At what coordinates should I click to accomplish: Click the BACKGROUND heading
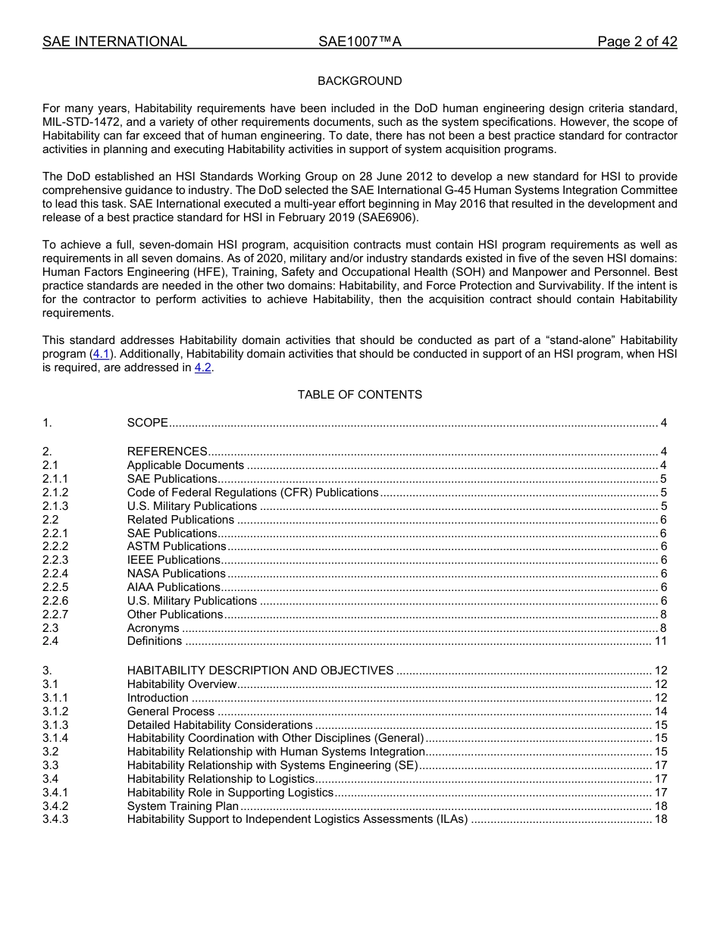click(x=359, y=81)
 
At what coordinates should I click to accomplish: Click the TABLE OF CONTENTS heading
click(x=359, y=395)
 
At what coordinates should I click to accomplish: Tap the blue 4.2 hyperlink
click(x=202, y=367)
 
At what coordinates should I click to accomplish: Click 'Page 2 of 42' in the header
click(x=637, y=42)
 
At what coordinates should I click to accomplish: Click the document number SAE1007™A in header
click(x=359, y=42)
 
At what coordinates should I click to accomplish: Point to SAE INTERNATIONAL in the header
click(x=114, y=42)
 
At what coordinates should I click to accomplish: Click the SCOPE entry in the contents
click(x=147, y=423)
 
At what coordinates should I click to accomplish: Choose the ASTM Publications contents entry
click(x=177, y=546)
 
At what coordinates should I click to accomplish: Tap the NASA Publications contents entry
click(x=176, y=574)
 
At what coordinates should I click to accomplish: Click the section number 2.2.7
click(x=55, y=615)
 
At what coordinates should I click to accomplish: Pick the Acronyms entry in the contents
click(x=153, y=628)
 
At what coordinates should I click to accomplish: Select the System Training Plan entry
click(x=183, y=806)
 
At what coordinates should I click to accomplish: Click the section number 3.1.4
click(x=55, y=738)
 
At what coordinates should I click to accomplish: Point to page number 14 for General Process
click(x=660, y=712)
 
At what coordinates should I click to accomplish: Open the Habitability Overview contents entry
click(x=182, y=684)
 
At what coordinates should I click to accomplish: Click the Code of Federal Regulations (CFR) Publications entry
click(x=252, y=493)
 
